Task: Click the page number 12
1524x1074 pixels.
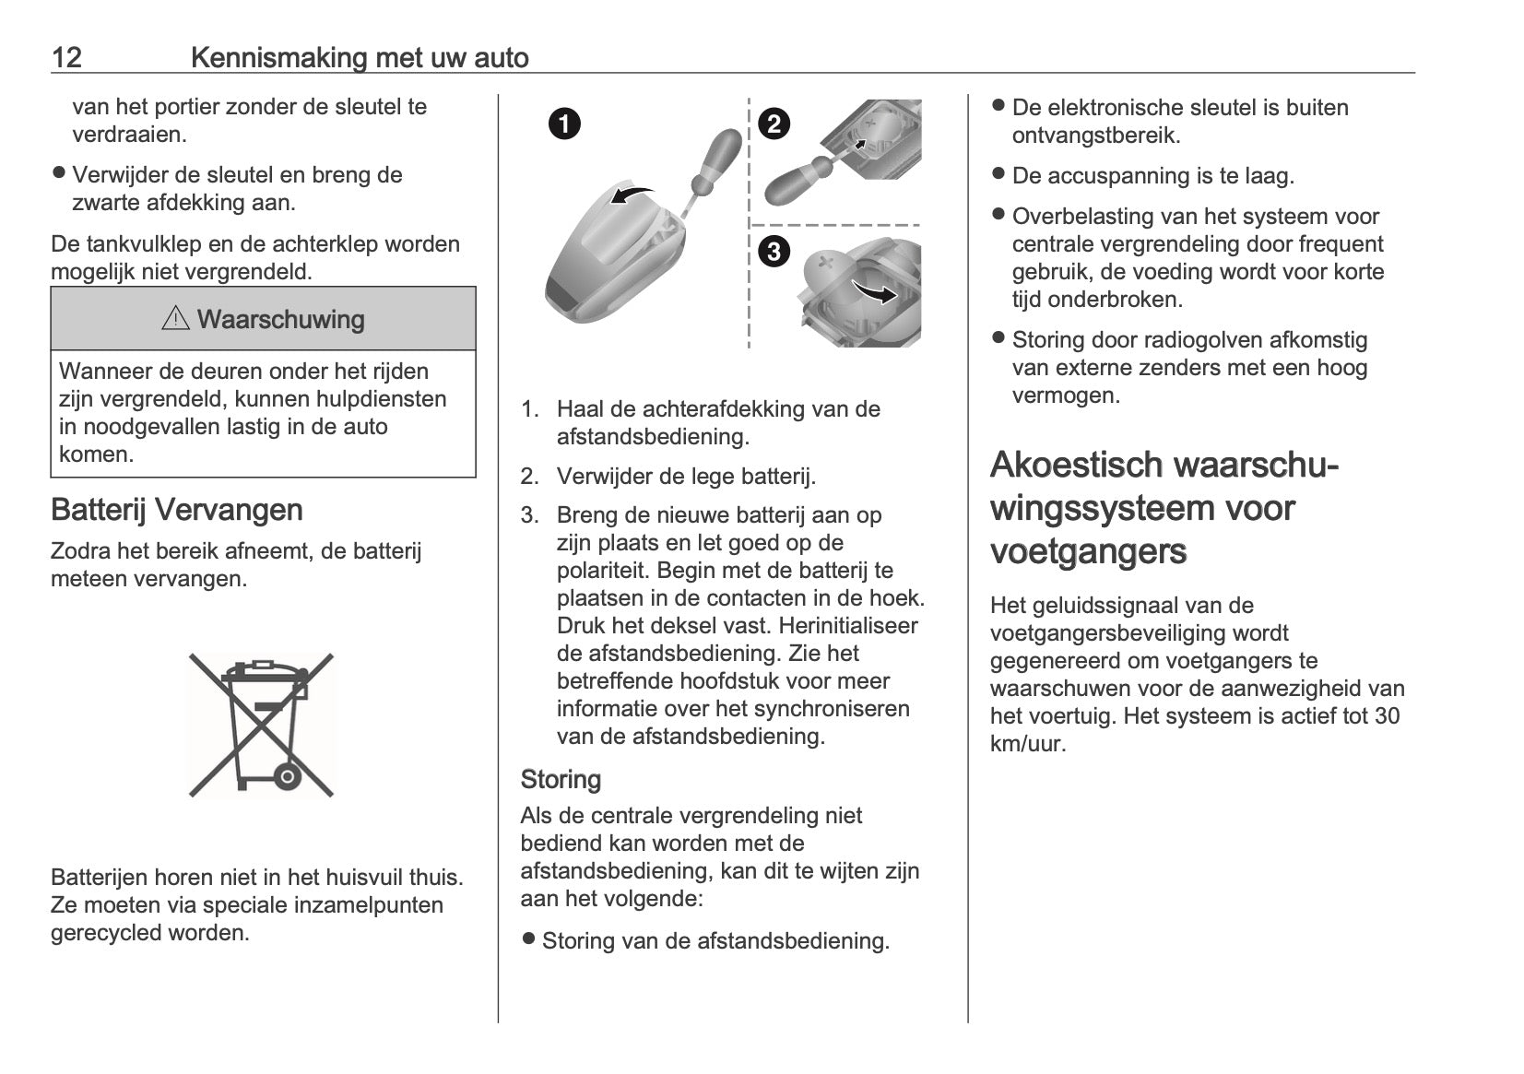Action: click(x=66, y=58)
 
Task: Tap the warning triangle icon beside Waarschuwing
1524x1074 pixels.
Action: click(x=174, y=319)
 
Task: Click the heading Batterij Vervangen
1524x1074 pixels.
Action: click(x=176, y=510)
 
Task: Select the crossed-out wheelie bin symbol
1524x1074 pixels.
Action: click(x=261, y=725)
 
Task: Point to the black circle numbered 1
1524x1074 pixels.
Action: click(x=564, y=123)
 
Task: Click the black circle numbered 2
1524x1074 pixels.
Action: click(x=774, y=123)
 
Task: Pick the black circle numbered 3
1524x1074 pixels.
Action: click(x=774, y=251)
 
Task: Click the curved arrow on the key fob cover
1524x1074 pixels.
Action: click(x=632, y=195)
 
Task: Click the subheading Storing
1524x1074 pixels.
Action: click(x=561, y=780)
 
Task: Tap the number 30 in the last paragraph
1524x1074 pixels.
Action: click(x=1387, y=716)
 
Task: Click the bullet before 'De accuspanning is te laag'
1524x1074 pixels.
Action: click(x=998, y=174)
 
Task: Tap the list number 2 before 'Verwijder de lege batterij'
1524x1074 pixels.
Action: click(x=529, y=477)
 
